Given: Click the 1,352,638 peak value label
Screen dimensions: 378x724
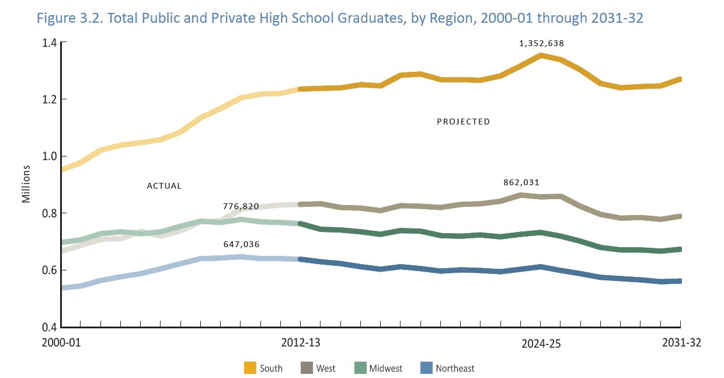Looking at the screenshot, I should pos(541,43).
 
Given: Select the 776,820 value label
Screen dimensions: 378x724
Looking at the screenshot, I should pos(241,206).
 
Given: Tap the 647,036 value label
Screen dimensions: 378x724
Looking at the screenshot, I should pos(241,244).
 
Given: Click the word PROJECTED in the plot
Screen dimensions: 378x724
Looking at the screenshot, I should pos(463,122).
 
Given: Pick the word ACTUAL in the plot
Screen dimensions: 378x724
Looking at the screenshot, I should pos(164,186).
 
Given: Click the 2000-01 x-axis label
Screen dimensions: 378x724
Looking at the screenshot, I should pos(61,343).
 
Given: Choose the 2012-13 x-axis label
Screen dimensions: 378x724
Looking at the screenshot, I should pos(300,343).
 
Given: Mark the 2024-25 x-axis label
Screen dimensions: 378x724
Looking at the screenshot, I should pos(541,344).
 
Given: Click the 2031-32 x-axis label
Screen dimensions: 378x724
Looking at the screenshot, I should pos(681,343).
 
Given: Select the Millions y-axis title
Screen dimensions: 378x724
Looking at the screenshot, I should pos(26,184).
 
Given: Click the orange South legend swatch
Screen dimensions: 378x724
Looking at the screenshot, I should pos(250,368).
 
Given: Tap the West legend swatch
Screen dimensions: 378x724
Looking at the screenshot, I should pos(307,368).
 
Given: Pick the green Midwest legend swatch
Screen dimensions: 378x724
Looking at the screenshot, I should pos(360,368).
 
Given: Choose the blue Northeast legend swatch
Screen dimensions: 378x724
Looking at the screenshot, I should pos(426,368).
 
